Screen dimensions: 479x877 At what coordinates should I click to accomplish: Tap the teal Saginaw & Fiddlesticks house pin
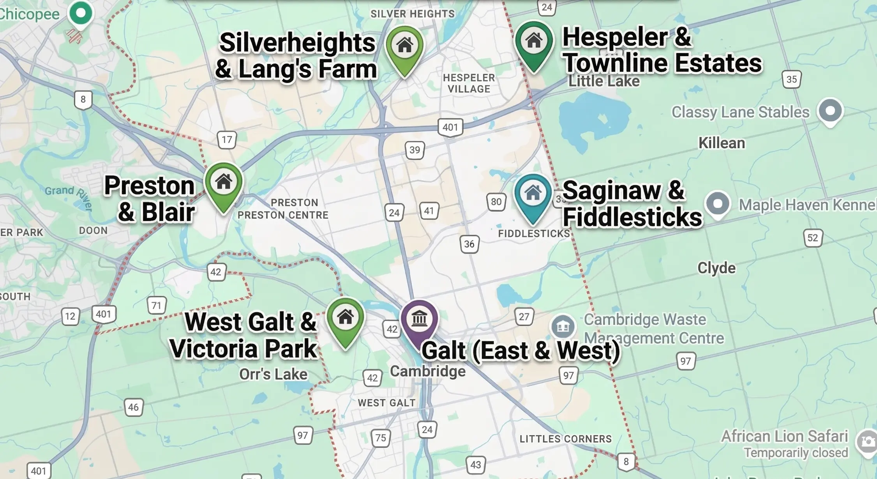coord(533,194)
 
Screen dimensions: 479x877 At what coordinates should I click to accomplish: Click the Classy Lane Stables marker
coord(830,111)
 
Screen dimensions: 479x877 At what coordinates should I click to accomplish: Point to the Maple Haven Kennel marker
coord(718,204)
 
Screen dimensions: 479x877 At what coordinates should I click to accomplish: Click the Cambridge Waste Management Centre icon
coord(563,327)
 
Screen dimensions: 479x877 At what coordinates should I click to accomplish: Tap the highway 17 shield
coord(227,140)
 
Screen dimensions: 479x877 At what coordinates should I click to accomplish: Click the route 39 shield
coord(415,150)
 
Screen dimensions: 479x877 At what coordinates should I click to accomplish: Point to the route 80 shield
coord(496,202)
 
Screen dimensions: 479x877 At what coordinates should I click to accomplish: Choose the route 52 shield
coord(813,238)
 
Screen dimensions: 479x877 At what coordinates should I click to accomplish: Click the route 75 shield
coord(381,438)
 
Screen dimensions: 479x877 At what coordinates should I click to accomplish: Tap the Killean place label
coord(721,143)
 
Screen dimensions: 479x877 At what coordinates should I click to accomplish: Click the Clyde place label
coord(716,268)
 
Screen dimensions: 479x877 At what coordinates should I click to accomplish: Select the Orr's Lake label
coord(273,374)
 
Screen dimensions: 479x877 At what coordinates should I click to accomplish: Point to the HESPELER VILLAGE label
coord(469,83)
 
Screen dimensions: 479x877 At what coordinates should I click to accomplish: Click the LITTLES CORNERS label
coord(565,439)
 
